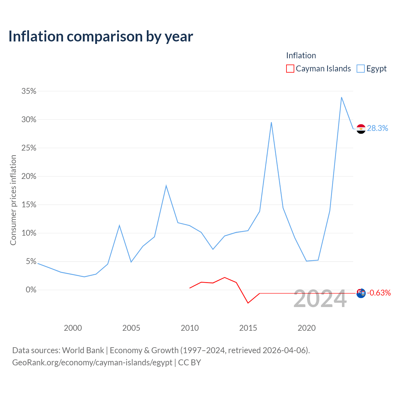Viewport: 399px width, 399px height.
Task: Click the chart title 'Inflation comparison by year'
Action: pos(101,37)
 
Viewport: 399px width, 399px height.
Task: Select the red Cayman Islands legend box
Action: pos(290,69)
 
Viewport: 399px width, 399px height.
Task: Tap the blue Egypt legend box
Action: pos(360,69)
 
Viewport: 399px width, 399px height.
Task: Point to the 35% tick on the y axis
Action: pos(29,91)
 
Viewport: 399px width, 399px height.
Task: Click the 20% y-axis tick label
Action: pos(29,176)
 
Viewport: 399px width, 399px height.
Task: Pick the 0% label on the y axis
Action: pos(31,290)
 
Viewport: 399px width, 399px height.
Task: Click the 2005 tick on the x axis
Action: pos(131,328)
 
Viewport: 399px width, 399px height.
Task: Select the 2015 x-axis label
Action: pos(248,328)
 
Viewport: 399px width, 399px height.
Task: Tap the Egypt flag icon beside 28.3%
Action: pos(361,129)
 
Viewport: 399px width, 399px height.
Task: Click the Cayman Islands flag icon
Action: pos(361,293)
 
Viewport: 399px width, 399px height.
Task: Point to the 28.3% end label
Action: pos(377,128)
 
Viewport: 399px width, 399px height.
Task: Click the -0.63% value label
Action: pos(379,293)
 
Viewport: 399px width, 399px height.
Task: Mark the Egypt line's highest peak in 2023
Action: pos(341,97)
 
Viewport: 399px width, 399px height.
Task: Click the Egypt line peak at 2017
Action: pos(271,123)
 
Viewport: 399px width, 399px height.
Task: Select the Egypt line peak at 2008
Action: pos(166,185)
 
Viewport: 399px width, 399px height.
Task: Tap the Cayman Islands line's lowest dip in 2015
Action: pos(248,303)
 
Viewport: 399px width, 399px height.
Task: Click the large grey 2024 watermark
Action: pos(320,299)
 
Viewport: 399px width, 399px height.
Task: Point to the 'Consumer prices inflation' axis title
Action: pos(13,200)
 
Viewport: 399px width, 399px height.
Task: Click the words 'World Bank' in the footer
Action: pos(83,350)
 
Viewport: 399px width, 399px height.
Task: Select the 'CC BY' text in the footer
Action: pos(190,362)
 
